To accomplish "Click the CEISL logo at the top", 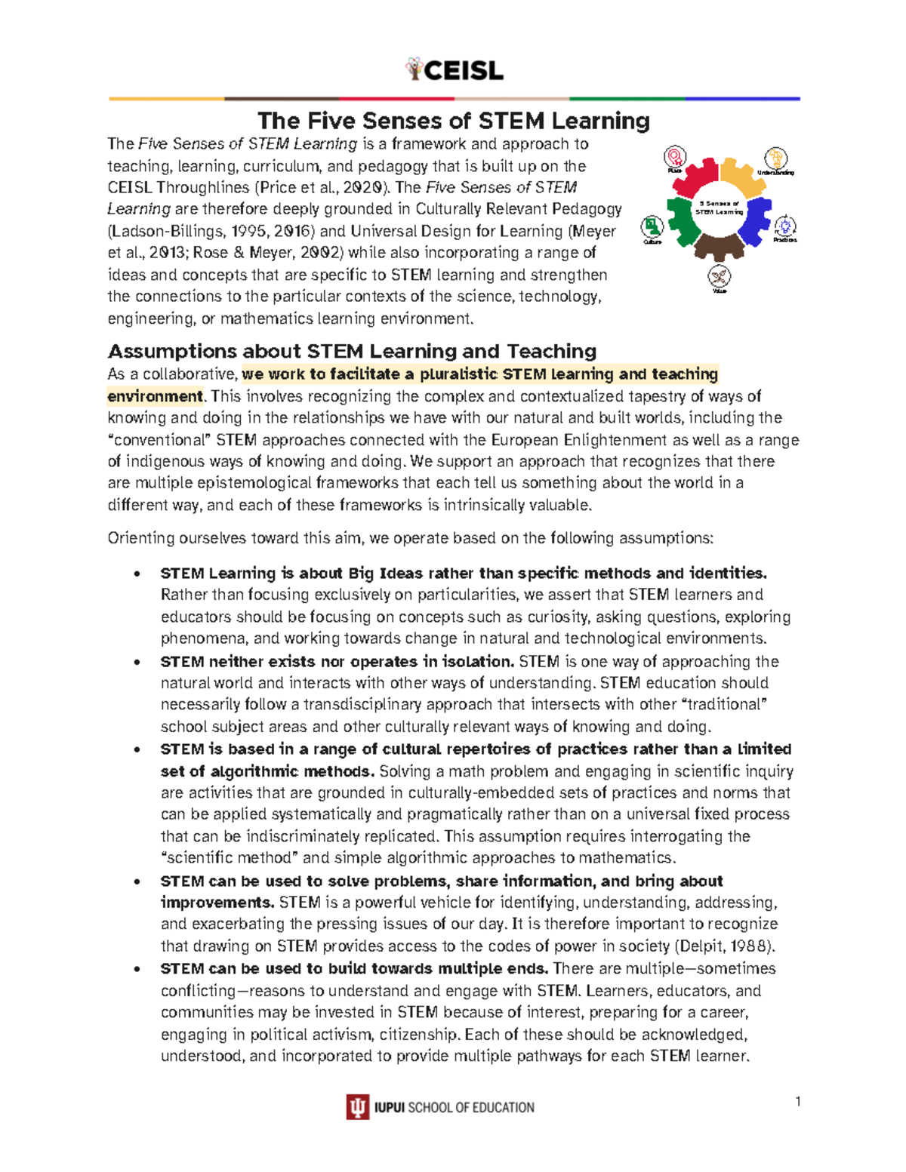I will coord(454,70).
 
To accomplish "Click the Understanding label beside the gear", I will coord(775,173).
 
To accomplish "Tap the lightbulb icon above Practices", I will coord(785,226).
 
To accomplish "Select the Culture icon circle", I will coord(652,226).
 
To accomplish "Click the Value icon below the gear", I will coord(720,275).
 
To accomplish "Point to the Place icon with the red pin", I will coord(674,157).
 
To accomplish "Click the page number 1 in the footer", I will coord(797,1101).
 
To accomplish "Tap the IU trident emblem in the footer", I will coord(357,1107).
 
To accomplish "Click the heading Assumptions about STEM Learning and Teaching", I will coord(352,351).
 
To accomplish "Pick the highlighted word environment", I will coord(155,396).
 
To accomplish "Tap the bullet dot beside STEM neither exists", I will coord(137,662).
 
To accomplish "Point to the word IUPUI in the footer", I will coord(390,1108).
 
